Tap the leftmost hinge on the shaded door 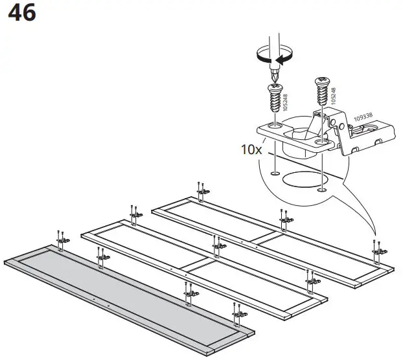(x=63, y=241)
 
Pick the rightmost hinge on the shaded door (x=238, y=316)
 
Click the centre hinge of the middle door (x=219, y=245)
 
